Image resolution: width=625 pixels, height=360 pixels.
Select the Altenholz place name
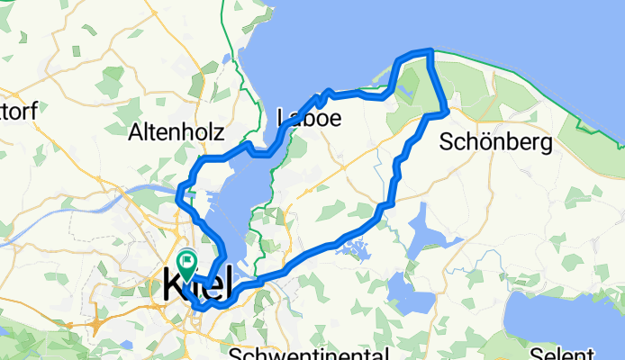[177, 132]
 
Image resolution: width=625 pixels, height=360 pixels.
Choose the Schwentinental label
[307, 352]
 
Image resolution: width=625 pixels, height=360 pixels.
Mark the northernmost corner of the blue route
[431, 51]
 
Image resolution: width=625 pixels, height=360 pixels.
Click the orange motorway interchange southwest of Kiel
[95, 321]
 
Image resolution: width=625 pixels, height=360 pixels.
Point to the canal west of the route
[144, 190]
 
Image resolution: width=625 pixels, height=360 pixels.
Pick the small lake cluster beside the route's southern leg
[353, 246]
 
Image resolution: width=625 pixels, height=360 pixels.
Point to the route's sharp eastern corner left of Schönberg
[447, 112]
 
